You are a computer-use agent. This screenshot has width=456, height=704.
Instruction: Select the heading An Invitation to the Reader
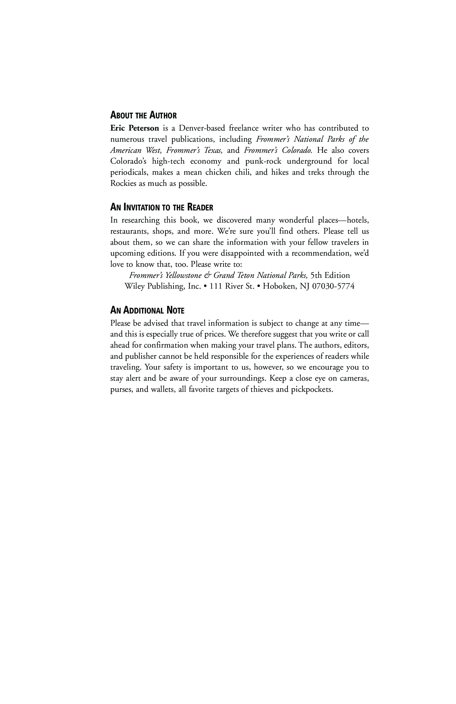tap(162, 207)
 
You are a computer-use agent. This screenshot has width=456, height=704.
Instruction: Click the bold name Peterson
tap(144, 128)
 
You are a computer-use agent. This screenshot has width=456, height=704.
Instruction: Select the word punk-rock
tap(263, 161)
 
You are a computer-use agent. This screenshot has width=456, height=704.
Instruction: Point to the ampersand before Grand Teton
tap(208, 275)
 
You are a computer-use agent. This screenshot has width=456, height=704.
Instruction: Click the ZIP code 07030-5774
tap(333, 286)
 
